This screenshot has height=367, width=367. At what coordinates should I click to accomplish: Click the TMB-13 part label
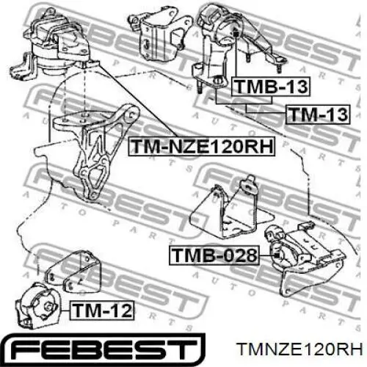click(x=271, y=87)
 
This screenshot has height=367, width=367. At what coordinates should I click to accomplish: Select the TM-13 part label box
click(x=318, y=115)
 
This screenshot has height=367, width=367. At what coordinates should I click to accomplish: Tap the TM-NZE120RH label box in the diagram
click(x=202, y=146)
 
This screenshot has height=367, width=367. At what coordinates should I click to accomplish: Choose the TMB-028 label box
click(x=214, y=255)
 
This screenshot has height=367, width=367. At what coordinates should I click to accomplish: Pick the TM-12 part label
click(x=102, y=310)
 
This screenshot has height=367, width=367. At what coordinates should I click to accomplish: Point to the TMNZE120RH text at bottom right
click(x=300, y=349)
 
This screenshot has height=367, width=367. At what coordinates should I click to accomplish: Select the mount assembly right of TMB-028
click(x=306, y=259)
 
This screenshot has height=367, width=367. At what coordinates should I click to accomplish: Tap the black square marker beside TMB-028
click(x=277, y=255)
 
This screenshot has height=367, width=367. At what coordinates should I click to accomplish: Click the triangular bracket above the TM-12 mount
click(x=73, y=272)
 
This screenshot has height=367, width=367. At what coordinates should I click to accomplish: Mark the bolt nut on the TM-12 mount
click(x=48, y=307)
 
